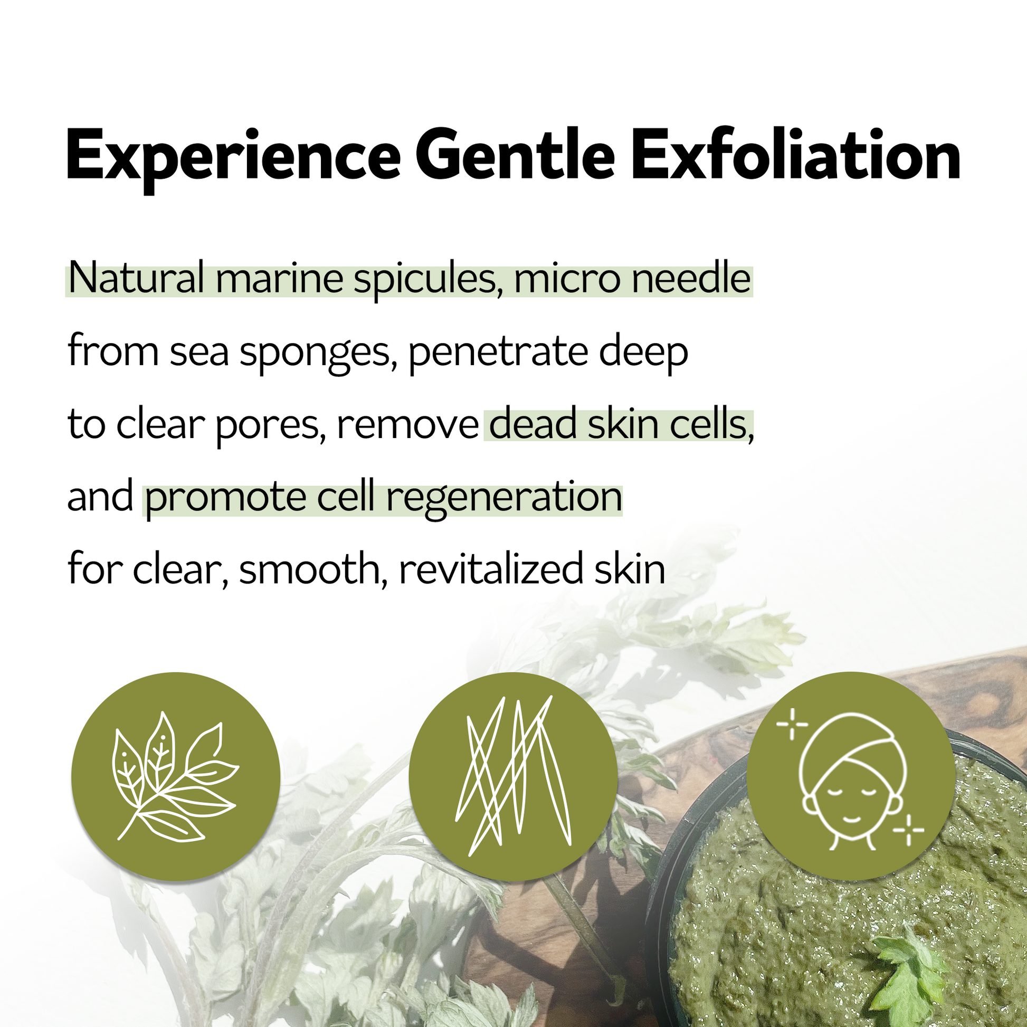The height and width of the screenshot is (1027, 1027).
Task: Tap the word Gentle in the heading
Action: [x=515, y=154]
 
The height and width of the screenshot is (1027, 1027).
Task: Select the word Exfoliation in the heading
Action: [x=795, y=154]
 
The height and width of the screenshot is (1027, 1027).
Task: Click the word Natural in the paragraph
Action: [x=136, y=279]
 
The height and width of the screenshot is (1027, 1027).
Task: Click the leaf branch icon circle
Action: [x=175, y=777]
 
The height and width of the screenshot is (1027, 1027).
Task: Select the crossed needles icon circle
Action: [x=513, y=777]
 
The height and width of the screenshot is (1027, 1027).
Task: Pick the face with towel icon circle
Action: [x=851, y=777]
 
